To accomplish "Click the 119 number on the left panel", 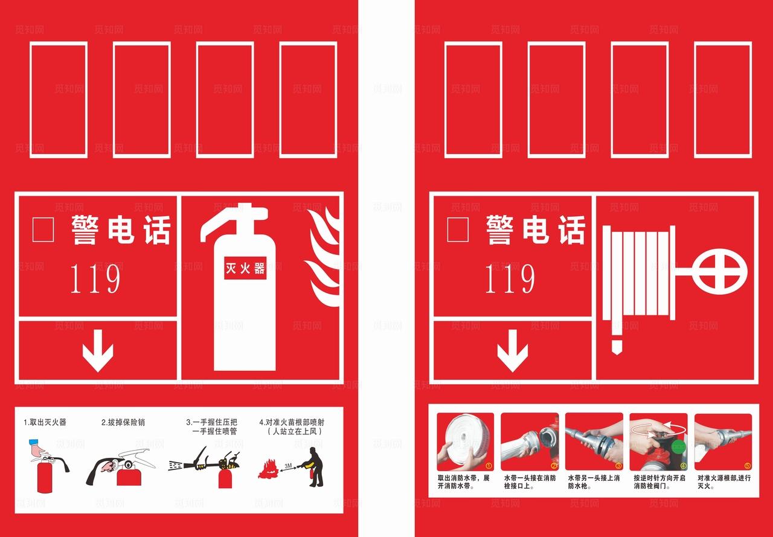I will (95, 279).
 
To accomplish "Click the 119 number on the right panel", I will (510, 279).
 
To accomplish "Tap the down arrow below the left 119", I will (98, 350).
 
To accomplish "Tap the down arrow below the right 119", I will (513, 350).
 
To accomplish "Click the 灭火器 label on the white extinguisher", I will (245, 268).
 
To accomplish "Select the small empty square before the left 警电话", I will (43, 229).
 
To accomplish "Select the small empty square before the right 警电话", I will (458, 229).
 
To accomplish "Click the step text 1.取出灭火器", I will (45, 422).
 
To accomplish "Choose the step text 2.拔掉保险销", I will (123, 422).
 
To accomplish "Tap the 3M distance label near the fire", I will (289, 465).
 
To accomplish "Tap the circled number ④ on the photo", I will (683, 466).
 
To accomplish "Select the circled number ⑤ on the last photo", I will (747, 466).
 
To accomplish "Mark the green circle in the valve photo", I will (678, 447).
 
